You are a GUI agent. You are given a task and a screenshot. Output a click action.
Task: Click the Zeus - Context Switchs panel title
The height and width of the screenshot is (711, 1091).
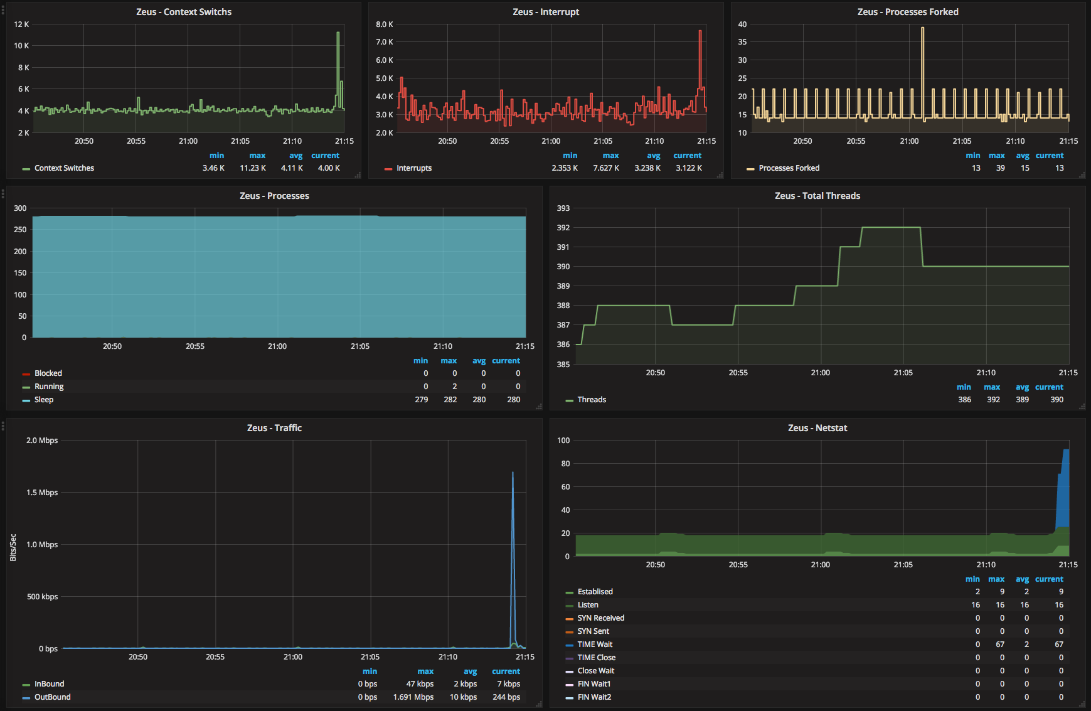tap(184, 12)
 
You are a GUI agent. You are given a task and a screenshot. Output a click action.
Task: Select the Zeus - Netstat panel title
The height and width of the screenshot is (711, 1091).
tap(817, 428)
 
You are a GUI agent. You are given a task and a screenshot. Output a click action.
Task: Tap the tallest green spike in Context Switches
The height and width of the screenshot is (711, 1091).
tap(338, 33)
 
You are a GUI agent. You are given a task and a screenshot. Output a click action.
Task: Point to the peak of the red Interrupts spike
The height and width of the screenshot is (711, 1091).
tap(700, 30)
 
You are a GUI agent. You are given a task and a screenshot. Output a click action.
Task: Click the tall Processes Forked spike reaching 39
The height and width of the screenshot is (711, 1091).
tap(922, 28)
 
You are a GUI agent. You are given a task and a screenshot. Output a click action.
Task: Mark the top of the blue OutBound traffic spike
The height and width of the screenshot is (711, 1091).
tap(513, 473)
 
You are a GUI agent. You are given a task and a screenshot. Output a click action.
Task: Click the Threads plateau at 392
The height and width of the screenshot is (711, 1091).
tap(891, 227)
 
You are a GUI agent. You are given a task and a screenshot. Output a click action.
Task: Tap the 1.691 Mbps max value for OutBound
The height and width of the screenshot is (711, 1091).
tap(413, 697)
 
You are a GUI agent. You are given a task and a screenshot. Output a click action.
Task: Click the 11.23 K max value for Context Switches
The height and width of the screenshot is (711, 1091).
tap(253, 168)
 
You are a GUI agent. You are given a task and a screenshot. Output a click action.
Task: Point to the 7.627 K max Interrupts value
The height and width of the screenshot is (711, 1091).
tap(606, 168)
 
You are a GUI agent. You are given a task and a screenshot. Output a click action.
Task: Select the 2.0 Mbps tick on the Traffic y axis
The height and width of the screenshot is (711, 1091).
tap(42, 441)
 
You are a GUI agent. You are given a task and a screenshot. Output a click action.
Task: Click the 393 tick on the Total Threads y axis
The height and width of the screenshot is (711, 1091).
tap(563, 208)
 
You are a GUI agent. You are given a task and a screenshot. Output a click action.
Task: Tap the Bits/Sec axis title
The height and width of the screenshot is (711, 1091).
tap(13, 547)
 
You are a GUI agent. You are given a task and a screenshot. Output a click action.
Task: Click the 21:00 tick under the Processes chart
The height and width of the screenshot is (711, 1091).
tap(277, 346)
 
